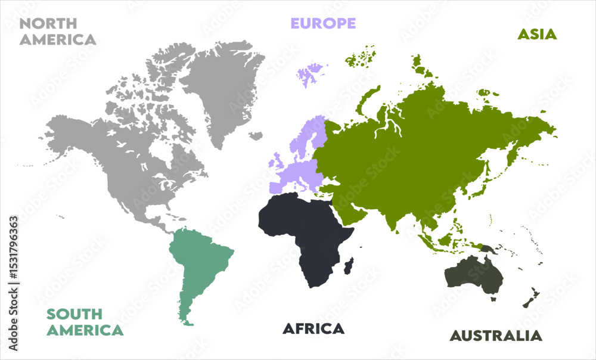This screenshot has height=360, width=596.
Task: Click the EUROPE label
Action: [x=322, y=23]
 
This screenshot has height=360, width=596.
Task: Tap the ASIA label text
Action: [x=536, y=34]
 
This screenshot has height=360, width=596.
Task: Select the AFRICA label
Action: [x=313, y=328]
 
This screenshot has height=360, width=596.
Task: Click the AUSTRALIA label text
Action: [x=496, y=336]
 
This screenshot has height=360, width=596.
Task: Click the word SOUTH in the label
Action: [x=74, y=314]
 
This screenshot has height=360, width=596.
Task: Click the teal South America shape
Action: [x=200, y=262]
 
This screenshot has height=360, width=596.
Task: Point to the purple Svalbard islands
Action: [x=310, y=75]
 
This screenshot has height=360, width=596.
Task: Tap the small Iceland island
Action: [x=256, y=136]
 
